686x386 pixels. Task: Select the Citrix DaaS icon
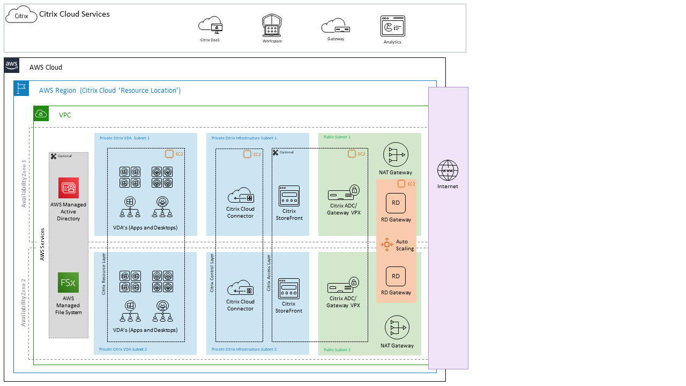pyautogui.click(x=210, y=25)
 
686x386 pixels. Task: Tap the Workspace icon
pyautogui.click(x=272, y=25)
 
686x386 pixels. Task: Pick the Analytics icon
pyautogui.click(x=392, y=26)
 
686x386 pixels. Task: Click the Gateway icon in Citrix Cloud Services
pyautogui.click(x=335, y=26)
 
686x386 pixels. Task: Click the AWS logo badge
pyautogui.click(x=12, y=65)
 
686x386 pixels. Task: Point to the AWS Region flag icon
pyautogui.click(x=21, y=88)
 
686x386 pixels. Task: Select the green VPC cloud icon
pyautogui.click(x=41, y=114)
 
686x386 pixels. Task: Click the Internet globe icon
pyautogui.click(x=448, y=170)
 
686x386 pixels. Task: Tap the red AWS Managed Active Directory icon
pyautogui.click(x=69, y=188)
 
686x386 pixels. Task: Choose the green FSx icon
pyautogui.click(x=69, y=283)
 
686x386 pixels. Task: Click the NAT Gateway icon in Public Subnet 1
pyautogui.click(x=396, y=155)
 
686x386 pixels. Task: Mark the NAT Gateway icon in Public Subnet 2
pyautogui.click(x=397, y=328)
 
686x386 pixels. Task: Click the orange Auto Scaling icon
pyautogui.click(x=387, y=244)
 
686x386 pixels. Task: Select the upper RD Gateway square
pyautogui.click(x=396, y=203)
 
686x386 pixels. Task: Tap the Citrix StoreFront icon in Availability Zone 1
pyautogui.click(x=289, y=196)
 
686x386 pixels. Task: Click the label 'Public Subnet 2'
pyautogui.click(x=337, y=350)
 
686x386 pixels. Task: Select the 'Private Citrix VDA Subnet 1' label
pyautogui.click(x=124, y=138)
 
